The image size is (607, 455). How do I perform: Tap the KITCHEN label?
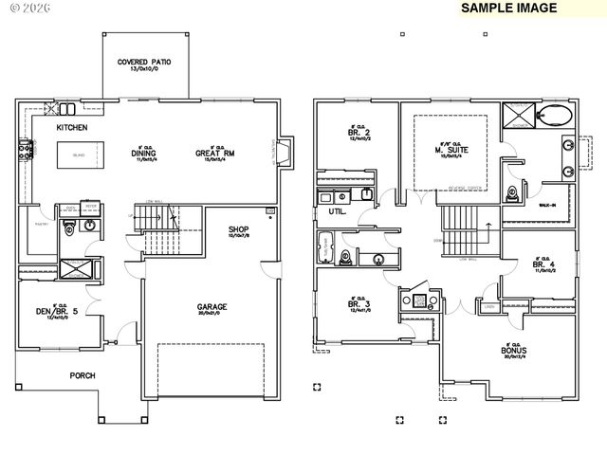pyautogui.click(x=71, y=127)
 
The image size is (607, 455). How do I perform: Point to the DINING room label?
pyautogui.click(x=143, y=154)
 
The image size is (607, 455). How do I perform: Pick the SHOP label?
pyautogui.click(x=239, y=229)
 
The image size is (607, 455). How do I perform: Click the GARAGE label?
pyautogui.click(x=212, y=307)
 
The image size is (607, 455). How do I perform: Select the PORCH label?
pyautogui.click(x=83, y=375)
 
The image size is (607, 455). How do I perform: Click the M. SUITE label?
pyautogui.click(x=451, y=151)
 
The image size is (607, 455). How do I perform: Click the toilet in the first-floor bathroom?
pyautogui.click(x=68, y=228)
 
